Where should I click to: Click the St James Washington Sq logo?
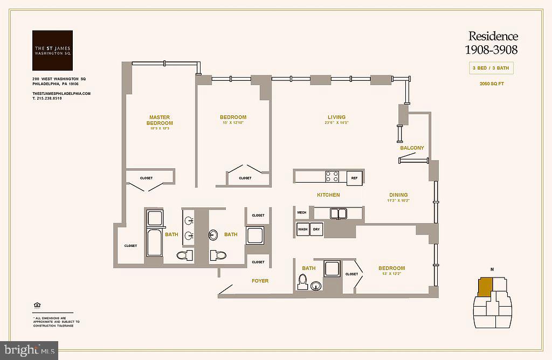tap(52, 51)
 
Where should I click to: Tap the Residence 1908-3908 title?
tap(493, 43)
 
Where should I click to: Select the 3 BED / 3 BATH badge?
tap(491, 68)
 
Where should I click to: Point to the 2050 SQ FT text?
tap(492, 84)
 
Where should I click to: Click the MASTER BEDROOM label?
tap(159, 120)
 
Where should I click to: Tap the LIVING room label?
tap(336, 117)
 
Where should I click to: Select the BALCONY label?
tap(412, 148)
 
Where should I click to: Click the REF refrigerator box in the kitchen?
tap(354, 177)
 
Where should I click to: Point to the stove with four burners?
tap(332, 177)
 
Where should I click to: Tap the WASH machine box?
tap(302, 229)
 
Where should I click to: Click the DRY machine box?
tap(316, 229)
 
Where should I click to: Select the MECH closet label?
tap(301, 213)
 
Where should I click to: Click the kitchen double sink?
tap(339, 213)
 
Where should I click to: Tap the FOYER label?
tap(260, 281)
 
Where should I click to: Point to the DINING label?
tap(398, 195)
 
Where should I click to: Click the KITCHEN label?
tap(328, 195)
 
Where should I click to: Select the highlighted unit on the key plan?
tap(485, 286)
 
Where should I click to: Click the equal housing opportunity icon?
tap(37, 306)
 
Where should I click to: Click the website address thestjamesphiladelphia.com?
tap(61, 93)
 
